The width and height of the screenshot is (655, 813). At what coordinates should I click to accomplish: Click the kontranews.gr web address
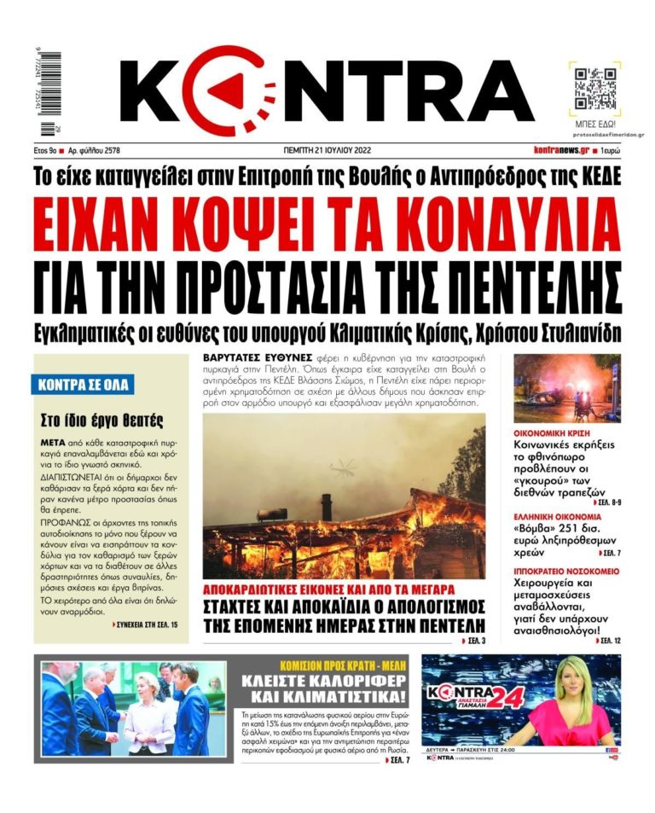tap(560, 150)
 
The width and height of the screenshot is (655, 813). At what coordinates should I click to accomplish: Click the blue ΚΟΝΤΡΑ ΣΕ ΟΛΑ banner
tap(84, 385)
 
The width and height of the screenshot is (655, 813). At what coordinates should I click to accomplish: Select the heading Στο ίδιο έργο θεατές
tap(101, 421)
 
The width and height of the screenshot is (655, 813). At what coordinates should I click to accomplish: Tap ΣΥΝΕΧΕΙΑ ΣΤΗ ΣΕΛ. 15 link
tap(146, 626)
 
